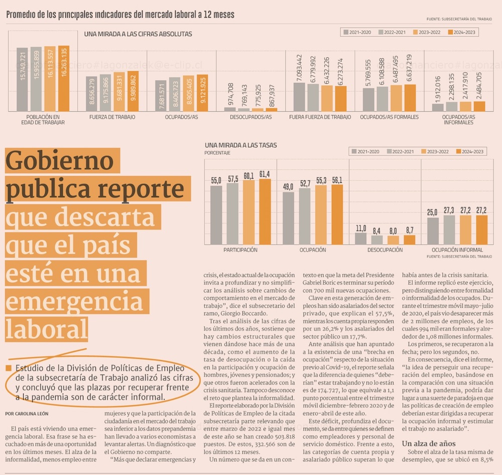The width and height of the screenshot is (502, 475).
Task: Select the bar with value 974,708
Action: [230, 108]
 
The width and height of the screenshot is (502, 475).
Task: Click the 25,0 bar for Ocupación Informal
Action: [433, 230]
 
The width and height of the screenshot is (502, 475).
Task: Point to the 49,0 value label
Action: [288, 187]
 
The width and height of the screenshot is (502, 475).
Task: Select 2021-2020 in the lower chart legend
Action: [364, 151]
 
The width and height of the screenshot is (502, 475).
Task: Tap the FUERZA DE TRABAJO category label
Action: [112, 117]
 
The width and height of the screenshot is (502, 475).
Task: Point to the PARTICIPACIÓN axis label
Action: [240, 250]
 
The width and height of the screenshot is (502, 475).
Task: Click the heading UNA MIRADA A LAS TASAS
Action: [240, 145]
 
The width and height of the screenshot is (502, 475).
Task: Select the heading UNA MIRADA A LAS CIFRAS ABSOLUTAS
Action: [138, 35]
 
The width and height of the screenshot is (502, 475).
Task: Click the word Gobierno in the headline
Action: [60, 162]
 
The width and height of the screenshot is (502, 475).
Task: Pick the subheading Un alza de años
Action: [429, 443]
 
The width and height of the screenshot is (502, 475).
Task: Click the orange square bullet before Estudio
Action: [9, 369]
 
